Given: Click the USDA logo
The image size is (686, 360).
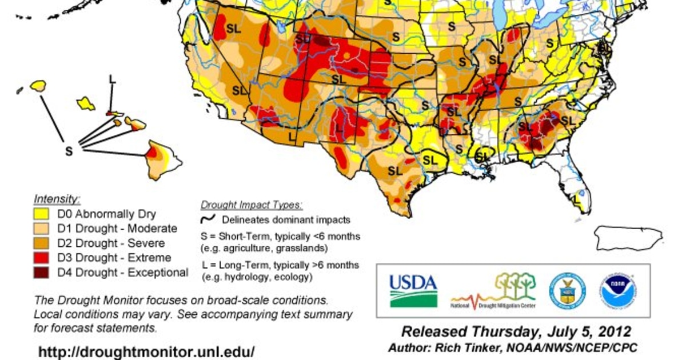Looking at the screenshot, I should point(413,290).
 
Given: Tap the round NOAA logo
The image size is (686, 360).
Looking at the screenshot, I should point(618,290).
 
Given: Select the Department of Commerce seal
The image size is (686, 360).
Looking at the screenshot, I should point(567,290).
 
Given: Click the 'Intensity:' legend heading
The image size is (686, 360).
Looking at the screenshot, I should point(57,199).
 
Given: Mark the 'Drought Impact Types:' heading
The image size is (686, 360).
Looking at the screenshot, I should point(252,205).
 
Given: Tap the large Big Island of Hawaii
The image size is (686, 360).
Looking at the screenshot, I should point(161,160).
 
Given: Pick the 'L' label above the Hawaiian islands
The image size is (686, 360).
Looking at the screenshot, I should point(112,79).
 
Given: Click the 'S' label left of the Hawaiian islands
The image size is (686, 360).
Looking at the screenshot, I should point(69,151).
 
